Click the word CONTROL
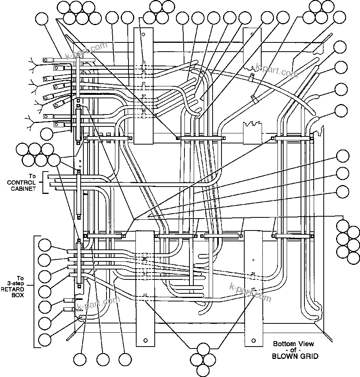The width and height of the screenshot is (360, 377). (x=21, y=182)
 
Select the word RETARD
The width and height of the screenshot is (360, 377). (x=17, y=289)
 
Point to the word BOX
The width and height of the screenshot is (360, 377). (x=17, y=295)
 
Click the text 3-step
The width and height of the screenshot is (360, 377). (x=17, y=283)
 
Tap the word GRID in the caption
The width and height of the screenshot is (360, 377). (x=310, y=357)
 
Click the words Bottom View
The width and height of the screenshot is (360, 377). (x=294, y=344)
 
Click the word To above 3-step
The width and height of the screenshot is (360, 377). (x=20, y=278)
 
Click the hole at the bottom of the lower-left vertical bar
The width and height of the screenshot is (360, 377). (x=145, y=340)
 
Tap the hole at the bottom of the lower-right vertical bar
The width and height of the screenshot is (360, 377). (x=254, y=340)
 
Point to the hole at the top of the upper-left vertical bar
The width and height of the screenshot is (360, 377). (x=143, y=35)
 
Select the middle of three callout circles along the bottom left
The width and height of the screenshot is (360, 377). (x=103, y=359)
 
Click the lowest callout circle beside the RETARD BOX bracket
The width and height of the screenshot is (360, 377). (x=45, y=340)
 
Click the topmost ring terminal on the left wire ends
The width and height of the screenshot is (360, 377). (x=48, y=59)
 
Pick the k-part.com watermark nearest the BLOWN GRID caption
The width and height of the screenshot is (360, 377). (x=250, y=293)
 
